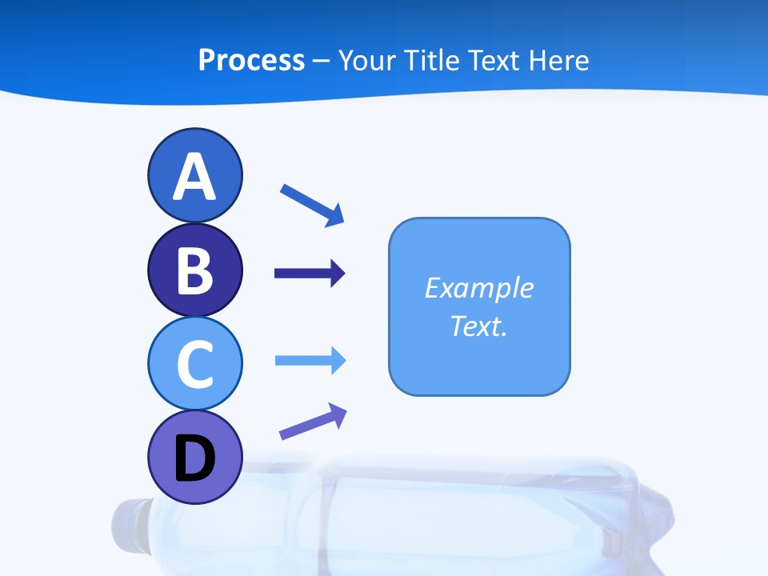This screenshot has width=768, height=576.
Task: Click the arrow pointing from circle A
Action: point(312,205)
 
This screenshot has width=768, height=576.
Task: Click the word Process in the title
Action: point(251,60)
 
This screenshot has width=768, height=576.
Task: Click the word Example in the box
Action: point(478,288)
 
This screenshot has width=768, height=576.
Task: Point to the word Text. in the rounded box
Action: point(478,326)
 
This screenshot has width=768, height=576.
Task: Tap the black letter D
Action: point(194,458)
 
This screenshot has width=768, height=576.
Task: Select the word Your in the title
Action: point(369,60)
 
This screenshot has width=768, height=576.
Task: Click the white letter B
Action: point(194,270)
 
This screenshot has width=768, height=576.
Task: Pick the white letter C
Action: point(194,364)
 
